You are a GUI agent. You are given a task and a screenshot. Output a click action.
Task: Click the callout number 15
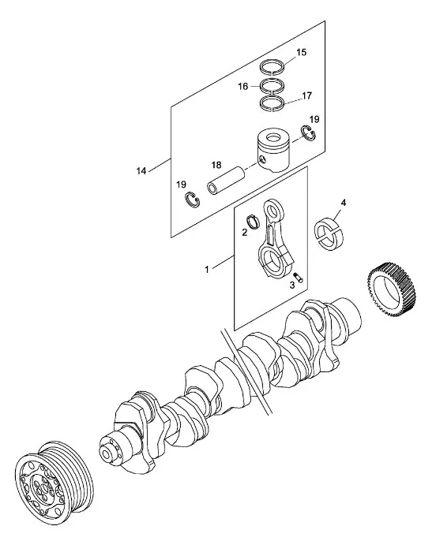pos(301,52)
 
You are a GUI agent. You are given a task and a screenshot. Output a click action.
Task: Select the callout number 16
pos(242,86)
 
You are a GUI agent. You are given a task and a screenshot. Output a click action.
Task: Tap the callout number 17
pos(306,95)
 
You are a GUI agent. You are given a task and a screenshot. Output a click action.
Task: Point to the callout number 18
pos(216,165)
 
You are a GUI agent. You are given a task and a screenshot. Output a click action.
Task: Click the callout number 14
pos(141,171)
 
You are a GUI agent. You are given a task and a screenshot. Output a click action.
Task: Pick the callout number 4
pos(343,203)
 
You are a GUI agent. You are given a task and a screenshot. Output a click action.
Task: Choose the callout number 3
pos(292,285)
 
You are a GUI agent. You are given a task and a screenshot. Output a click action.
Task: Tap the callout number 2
pos(245,232)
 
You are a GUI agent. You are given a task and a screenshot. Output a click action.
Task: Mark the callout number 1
pos(207,270)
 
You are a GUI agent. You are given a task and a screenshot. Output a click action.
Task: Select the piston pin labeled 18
pos(226,181)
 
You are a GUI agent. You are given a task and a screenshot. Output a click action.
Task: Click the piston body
pos(273,151)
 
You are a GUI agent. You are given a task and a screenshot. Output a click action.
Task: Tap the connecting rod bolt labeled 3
pos(299,278)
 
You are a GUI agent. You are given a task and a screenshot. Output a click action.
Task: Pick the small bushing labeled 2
pos(254,222)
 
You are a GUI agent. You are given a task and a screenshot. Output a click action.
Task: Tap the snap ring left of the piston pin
pos(191,200)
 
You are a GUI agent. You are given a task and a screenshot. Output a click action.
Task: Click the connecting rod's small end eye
pos(273,210)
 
